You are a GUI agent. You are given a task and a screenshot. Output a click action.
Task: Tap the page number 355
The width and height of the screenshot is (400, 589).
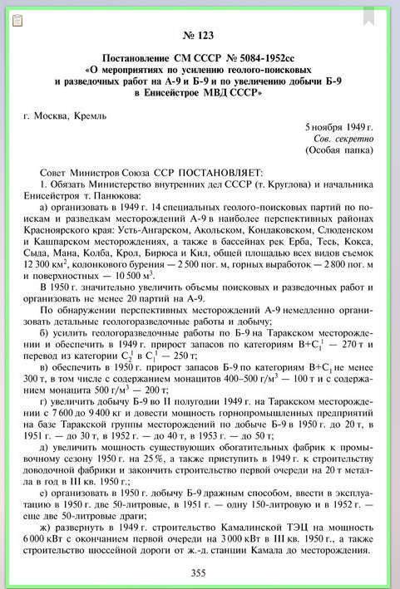(x=198, y=572)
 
